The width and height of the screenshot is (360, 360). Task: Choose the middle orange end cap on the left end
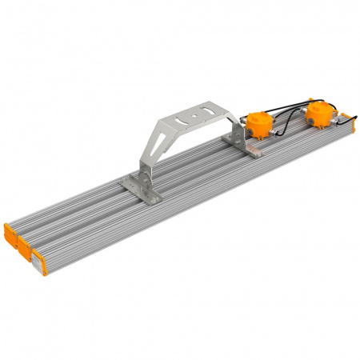pos(20,244)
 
